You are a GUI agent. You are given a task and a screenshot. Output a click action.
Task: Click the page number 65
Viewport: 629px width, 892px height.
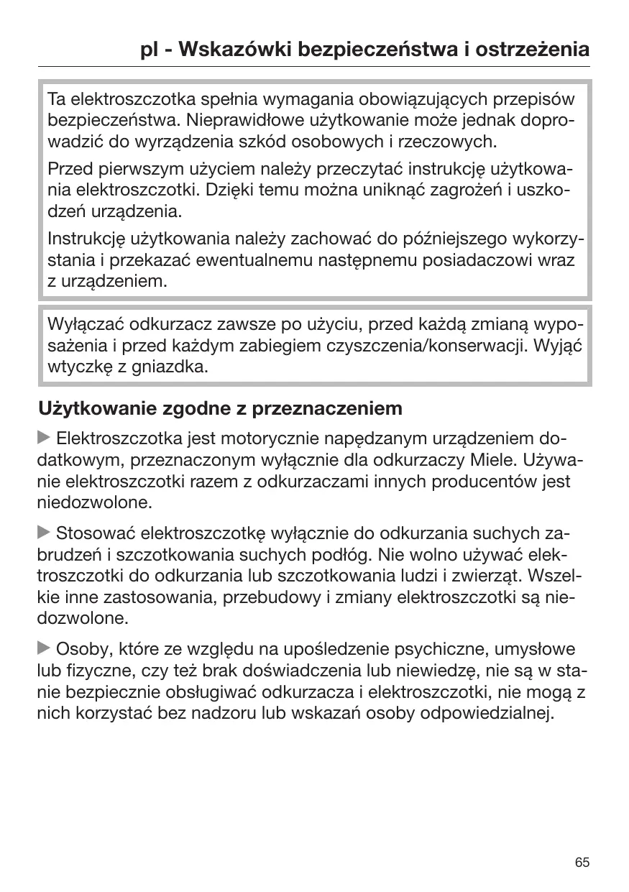pyautogui.click(x=582, y=862)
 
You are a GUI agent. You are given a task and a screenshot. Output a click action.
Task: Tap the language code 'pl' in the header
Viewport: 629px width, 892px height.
pyautogui.click(x=150, y=50)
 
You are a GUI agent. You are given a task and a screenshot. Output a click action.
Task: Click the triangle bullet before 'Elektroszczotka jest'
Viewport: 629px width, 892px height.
pyautogui.click(x=44, y=438)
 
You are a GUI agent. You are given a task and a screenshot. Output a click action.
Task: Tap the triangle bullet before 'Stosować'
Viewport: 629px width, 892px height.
pyautogui.click(x=44, y=533)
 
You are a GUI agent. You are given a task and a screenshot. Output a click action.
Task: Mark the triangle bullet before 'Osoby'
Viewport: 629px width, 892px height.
pyautogui.click(x=44, y=649)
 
